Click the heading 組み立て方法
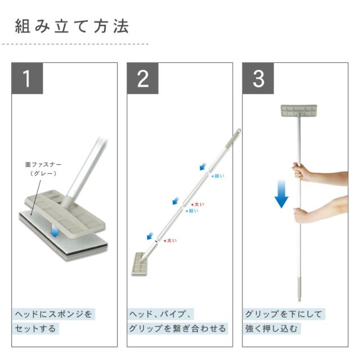pos(72,26)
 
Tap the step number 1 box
pos(27,78)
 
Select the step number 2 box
pos(142,78)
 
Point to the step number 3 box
pos(258,78)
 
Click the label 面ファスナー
pos(43,165)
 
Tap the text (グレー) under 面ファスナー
pos(43,173)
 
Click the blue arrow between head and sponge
pos(55,231)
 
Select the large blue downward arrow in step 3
pos(281,194)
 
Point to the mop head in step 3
pos(299,110)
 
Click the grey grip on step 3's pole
pos(299,289)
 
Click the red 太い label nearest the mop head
pos(170,241)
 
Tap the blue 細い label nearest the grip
pos(218,176)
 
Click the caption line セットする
pos(35,328)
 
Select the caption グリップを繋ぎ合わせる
pos(177,328)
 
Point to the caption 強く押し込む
pos(271,328)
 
